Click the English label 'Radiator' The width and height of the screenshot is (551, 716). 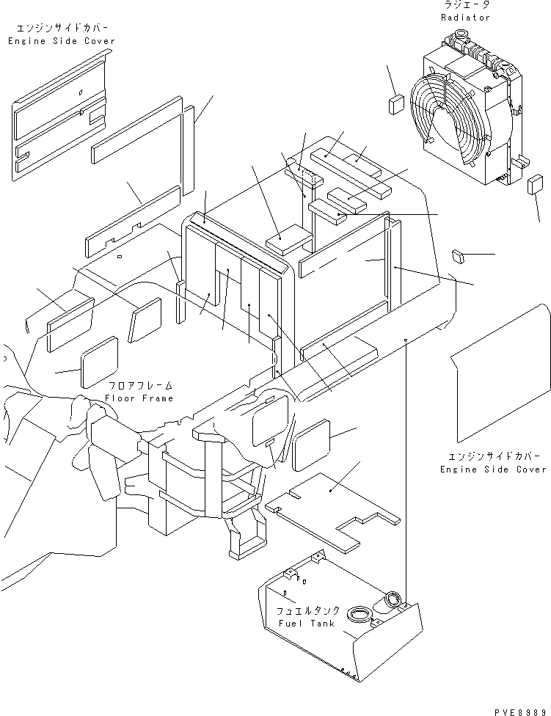[465, 18]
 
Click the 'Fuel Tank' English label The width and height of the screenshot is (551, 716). [306, 624]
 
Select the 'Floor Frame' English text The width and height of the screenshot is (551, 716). [139, 398]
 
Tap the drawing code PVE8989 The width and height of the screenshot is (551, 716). [520, 712]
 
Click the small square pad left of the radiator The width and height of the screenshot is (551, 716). [396, 105]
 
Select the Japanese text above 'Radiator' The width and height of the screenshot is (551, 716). [467, 5]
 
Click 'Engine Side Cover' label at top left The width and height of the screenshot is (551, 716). [61, 41]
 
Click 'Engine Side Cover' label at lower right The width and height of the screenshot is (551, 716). [493, 470]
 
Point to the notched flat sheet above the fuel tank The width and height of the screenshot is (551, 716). [332, 509]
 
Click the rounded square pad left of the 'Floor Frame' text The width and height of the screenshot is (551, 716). [99, 362]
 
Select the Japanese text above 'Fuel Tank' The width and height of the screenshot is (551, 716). [308, 611]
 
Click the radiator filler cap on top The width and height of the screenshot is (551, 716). [460, 34]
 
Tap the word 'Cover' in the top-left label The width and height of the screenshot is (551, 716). [100, 41]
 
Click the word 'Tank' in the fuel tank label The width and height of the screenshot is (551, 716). [323, 624]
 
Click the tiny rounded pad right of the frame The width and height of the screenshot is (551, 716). [458, 256]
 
